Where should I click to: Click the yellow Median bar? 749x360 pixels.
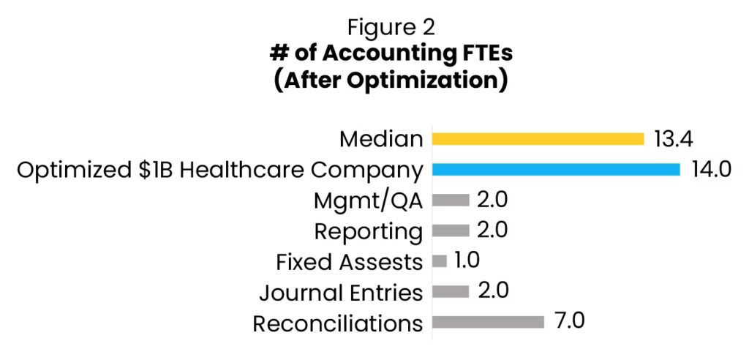[538, 139]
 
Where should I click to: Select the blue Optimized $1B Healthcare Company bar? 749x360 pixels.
[556, 170]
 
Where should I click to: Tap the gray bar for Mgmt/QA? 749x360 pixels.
[451, 200]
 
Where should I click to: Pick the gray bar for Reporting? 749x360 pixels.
[451, 230]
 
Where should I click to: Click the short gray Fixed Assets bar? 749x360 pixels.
[440, 261]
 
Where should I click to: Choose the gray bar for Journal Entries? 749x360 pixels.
[451, 292]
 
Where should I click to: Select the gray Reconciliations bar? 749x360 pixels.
[489, 322]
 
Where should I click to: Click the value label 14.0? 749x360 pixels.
[712, 170]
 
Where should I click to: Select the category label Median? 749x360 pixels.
[381, 139]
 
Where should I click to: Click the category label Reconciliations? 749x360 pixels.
[338, 323]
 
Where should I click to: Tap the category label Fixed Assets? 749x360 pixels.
[349, 262]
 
